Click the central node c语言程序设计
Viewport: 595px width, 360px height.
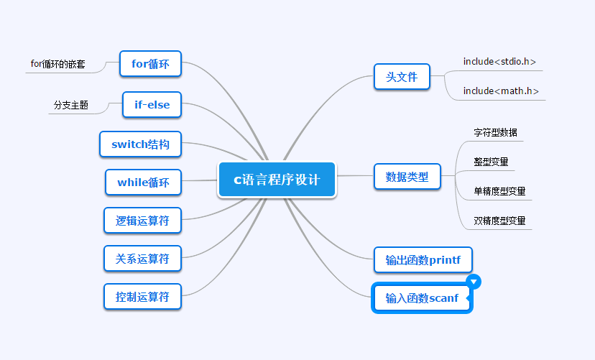pos(277,180)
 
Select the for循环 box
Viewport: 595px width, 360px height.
pos(150,63)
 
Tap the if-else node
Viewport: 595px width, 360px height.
pos(152,105)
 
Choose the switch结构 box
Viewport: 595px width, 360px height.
pos(141,144)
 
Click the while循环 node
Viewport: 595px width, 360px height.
pos(143,183)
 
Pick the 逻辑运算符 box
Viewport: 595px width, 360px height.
pos(142,221)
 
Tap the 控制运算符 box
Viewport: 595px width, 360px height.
pos(142,296)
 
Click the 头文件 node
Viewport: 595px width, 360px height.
pos(402,77)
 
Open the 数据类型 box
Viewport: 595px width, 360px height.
pos(407,177)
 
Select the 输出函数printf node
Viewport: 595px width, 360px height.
pos(423,260)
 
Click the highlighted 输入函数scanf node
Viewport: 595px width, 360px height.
pos(421,298)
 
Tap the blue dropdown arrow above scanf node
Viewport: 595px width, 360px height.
pos(473,281)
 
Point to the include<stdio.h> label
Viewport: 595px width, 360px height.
pos(499,62)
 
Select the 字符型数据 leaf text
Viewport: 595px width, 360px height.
pos(495,133)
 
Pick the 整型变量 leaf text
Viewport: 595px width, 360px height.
pos(491,162)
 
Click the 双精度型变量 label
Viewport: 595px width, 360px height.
pos(499,221)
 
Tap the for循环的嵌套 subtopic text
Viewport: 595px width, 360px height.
pos(57,64)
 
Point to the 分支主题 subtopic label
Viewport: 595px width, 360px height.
pos(71,105)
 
